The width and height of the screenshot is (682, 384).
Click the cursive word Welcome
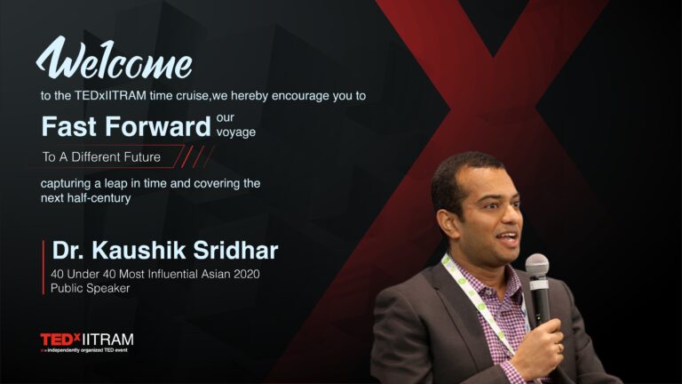114,59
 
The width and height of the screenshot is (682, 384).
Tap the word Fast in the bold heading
68,126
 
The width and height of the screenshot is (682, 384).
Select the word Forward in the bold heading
158,126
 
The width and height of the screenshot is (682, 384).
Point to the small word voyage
236,132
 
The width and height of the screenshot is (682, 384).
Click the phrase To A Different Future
101,156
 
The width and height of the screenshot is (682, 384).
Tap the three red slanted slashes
197,156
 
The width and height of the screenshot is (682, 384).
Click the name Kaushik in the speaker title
139,251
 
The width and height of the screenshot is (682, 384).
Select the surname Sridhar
235,251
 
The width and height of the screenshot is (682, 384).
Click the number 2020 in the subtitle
247,274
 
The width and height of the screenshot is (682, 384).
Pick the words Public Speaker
90,288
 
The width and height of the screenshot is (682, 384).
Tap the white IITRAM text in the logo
107,340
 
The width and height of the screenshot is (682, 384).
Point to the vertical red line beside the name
44,268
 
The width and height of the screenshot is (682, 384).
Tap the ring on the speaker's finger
559,348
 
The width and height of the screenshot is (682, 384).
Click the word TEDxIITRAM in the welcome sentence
110,96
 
